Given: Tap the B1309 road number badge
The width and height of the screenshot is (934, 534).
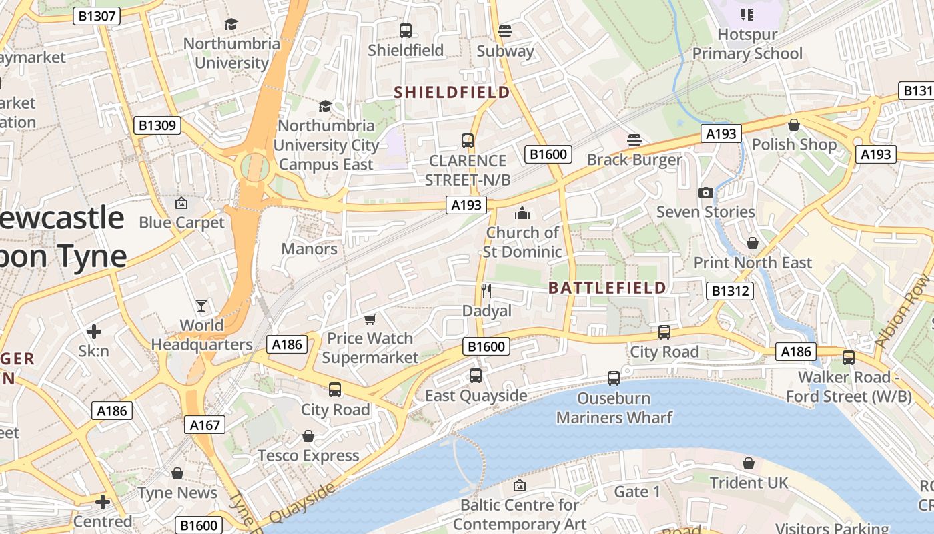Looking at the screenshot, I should pyautogui.click(x=158, y=125).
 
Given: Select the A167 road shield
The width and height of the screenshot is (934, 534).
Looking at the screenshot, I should pyautogui.click(x=204, y=425).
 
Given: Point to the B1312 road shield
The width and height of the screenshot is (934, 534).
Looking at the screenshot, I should pyautogui.click(x=730, y=291).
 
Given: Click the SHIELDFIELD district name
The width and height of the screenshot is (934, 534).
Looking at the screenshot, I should pyautogui.click(x=452, y=92).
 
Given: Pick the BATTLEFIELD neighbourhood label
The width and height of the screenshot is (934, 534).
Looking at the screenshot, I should pyautogui.click(x=607, y=288).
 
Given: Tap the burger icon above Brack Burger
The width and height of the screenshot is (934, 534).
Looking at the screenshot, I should pyautogui.click(x=634, y=140).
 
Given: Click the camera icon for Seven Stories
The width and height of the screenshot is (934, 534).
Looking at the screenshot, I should pyautogui.click(x=705, y=192).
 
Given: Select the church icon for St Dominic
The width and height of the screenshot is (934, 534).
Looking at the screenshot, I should pyautogui.click(x=522, y=213).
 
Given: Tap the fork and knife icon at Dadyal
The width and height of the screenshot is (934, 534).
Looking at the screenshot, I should pyautogui.click(x=486, y=290).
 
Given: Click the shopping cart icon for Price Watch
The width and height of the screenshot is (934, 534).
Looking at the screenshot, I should pyautogui.click(x=370, y=319).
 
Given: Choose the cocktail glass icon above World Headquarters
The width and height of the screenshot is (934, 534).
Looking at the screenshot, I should pyautogui.click(x=201, y=306).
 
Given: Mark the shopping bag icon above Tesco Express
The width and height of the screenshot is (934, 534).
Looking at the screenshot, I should pyautogui.click(x=308, y=436).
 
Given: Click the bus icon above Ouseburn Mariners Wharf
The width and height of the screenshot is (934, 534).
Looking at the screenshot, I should pyautogui.click(x=614, y=378).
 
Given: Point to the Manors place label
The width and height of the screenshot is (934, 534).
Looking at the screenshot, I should pyautogui.click(x=309, y=249).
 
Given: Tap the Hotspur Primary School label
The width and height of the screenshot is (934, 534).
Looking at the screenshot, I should pyautogui.click(x=747, y=43).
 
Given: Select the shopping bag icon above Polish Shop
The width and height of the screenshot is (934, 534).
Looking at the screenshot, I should pyautogui.click(x=793, y=124).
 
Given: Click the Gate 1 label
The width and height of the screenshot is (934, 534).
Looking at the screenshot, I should pyautogui.click(x=636, y=492).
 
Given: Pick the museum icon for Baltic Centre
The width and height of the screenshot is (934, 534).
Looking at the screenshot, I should pyautogui.click(x=519, y=485).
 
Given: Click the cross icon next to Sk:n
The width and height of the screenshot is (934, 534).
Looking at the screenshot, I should pyautogui.click(x=94, y=331).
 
